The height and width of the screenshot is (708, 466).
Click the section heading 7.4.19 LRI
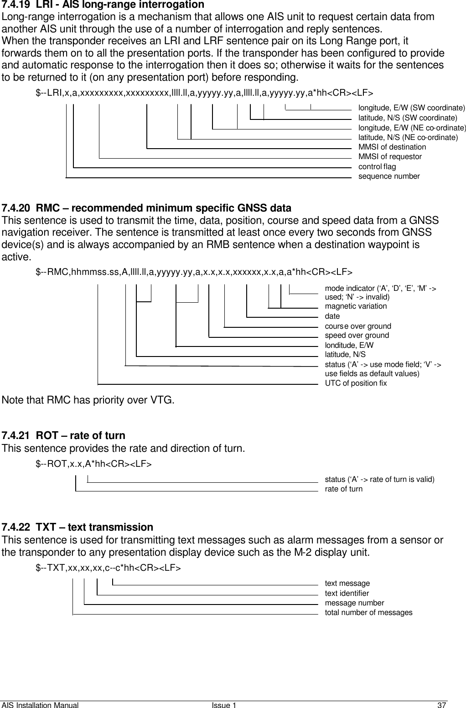pos(103,5)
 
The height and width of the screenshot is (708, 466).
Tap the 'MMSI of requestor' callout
pos(390,156)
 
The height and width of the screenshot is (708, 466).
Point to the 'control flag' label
pos(377,166)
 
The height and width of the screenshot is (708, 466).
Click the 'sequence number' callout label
pos(389,176)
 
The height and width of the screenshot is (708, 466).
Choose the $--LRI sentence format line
pos(204,93)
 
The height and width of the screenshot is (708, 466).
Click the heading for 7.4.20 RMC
pos(146,209)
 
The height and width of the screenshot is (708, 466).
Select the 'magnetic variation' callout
pos(356,306)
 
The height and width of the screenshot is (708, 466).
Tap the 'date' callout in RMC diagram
pos(332,316)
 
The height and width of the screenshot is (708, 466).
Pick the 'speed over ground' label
pos(357,335)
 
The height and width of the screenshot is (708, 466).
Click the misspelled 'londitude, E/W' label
pos(349,345)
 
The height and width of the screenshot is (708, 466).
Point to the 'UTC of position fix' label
pos(356,383)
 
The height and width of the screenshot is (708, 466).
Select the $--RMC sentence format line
pos(194,273)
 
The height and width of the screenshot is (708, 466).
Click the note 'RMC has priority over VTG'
pos(88,401)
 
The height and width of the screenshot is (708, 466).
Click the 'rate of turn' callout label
pos(343,489)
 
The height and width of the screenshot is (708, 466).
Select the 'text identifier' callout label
pos(347,593)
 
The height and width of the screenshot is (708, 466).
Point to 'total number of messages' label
pos(368,612)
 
